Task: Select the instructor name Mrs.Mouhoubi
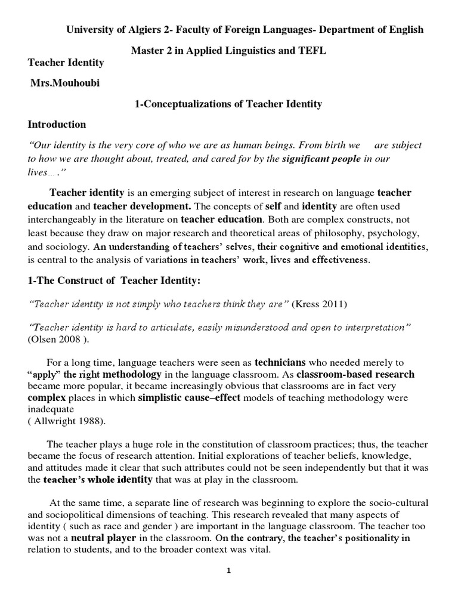pos(65,82)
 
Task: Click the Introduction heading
pos(57,124)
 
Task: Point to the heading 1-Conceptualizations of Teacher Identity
pos(228,104)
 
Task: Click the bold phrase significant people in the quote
pos(321,158)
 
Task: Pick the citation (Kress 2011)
pos(320,304)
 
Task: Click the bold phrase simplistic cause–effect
pos(189,397)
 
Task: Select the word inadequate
pos(51,409)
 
